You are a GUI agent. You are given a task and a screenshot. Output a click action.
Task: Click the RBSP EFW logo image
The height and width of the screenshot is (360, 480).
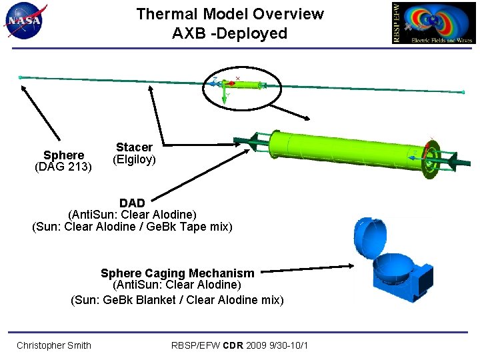[434, 23]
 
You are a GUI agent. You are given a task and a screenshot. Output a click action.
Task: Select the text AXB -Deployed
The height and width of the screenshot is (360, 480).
[229, 33]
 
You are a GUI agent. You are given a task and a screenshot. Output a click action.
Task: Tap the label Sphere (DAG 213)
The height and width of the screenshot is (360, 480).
[63, 161]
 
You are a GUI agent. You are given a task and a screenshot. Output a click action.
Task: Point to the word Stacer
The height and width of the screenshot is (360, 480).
[134, 147]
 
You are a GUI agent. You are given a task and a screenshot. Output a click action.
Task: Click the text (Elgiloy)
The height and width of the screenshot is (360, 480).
[134, 159]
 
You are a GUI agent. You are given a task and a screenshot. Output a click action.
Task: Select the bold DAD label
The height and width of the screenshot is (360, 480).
[132, 202]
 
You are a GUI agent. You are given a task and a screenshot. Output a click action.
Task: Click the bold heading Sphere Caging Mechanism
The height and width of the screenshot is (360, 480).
[177, 273]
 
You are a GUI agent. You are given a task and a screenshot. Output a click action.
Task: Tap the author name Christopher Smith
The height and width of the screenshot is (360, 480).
[54, 345]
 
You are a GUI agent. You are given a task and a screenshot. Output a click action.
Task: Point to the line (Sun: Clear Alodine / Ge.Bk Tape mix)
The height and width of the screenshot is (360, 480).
[132, 227]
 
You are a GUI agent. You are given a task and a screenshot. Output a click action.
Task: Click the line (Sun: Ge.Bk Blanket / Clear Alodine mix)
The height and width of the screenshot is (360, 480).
[177, 299]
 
